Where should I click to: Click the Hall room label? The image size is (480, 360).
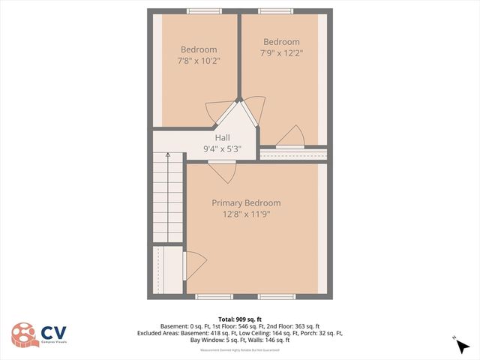click(222, 138)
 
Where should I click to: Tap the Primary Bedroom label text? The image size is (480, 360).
click(246, 203)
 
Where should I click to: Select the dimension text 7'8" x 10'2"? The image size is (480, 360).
click(199, 61)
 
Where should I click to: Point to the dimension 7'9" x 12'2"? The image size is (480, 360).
click(281, 53)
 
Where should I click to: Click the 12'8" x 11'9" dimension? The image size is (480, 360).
click(246, 214)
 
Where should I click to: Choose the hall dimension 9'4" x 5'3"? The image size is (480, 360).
click(222, 149)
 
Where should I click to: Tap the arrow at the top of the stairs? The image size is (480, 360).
click(169, 156)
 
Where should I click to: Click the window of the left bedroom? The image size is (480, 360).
click(199, 10)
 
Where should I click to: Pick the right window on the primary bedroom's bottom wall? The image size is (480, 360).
click(277, 297)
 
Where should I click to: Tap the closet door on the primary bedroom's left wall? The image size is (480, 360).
click(194, 265)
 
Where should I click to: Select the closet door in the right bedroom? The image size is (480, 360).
click(289, 136)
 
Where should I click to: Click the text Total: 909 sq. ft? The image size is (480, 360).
click(239, 319)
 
